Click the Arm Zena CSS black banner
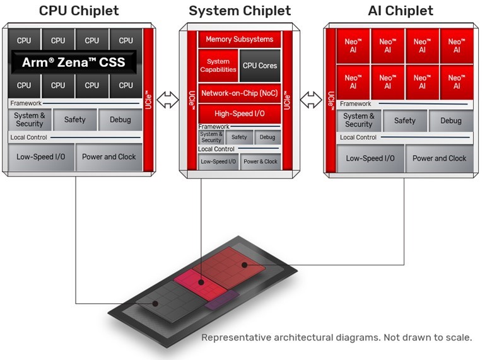click(74, 62)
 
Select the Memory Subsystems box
click(239, 39)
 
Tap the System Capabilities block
click(218, 66)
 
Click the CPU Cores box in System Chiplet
click(259, 66)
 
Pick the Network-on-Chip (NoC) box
click(239, 93)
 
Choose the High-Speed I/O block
click(239, 113)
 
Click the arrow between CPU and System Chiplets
click(168, 99)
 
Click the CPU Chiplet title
click(79, 11)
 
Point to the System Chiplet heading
click(240, 11)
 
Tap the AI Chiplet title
click(401, 11)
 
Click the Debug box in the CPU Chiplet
click(120, 120)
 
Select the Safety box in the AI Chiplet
click(405, 120)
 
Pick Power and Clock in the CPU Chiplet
click(109, 157)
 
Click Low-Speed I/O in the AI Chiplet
click(370, 158)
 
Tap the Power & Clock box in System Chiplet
click(261, 161)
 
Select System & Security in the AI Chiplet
click(359, 120)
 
